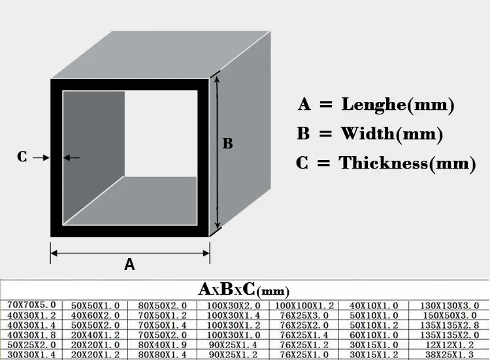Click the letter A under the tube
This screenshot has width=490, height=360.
[129, 264]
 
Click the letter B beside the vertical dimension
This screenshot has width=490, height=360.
[227, 143]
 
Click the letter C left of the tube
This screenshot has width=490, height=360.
[22, 157]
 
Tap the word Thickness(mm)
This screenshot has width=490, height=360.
[407, 163]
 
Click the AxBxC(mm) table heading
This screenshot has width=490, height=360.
[244, 289]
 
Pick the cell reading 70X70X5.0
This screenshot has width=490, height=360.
[31, 305]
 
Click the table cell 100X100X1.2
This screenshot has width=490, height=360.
[304, 305]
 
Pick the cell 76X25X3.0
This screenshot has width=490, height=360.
[304, 315]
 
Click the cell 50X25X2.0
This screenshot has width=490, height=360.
[31, 346]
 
